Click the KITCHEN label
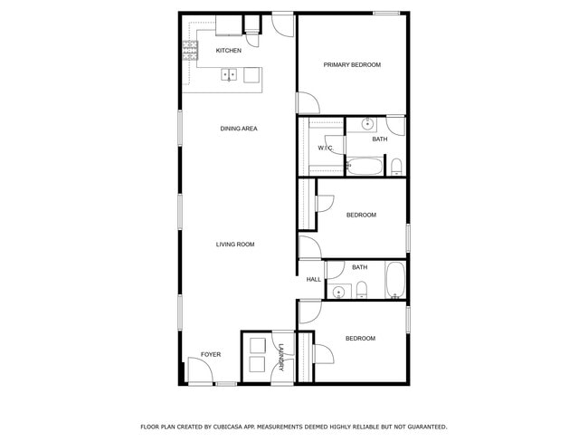point(228,51)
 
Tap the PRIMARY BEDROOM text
point(352,65)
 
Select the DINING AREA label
point(239,129)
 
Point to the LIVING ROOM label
point(235,245)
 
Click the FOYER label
point(210,354)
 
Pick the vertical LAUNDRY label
point(281,357)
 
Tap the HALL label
point(313,279)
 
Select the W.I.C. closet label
point(325,148)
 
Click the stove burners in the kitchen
point(190,51)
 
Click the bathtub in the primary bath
point(367,167)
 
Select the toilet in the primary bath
point(396,166)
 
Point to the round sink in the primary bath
point(369,124)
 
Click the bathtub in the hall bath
point(395,280)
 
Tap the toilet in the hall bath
point(361,290)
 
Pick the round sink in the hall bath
point(339,291)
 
